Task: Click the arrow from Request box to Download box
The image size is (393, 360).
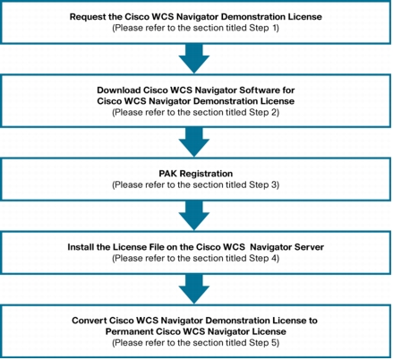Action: pyautogui.click(x=194, y=58)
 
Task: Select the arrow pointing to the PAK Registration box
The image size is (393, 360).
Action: pyautogui.click(x=194, y=142)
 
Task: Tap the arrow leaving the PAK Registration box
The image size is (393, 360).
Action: pyautogui.click(x=194, y=215)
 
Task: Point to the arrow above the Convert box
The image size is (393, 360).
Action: pyautogui.click(x=194, y=289)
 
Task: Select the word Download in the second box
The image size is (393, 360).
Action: pyautogui.click(x=119, y=90)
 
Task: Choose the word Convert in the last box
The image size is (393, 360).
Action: pyautogui.click(x=90, y=321)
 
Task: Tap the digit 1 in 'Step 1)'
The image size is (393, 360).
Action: pyautogui.click(x=274, y=28)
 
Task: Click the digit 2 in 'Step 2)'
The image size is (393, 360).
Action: pyautogui.click(x=274, y=113)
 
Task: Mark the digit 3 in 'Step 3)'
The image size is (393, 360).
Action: pyautogui.click(x=274, y=185)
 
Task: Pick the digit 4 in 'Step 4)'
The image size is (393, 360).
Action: pyautogui.click(x=274, y=258)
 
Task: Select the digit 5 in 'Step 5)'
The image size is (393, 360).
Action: pyautogui.click(x=274, y=343)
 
